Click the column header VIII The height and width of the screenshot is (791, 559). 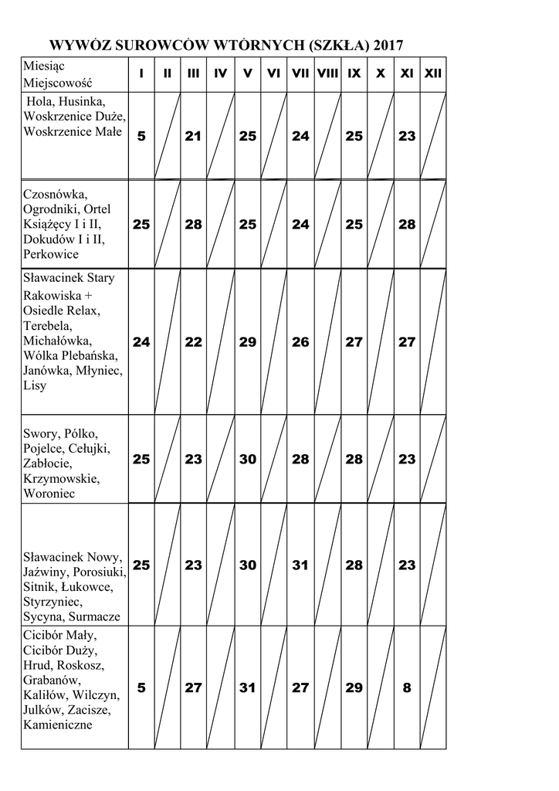pos(327,74)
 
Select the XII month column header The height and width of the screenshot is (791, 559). pos(433,74)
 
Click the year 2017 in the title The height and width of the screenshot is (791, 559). pos(388,46)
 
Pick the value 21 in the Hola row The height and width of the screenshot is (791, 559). pos(193,136)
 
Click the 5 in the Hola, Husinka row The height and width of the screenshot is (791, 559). pos(141,136)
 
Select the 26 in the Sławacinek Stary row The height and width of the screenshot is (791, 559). pos(300,342)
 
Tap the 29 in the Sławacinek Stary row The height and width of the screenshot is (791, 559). pos(247,342)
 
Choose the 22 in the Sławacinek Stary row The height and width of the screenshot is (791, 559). pos(193,342)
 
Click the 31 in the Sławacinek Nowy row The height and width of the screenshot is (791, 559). pos(300,565)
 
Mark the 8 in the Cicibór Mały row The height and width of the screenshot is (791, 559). pos(407,687)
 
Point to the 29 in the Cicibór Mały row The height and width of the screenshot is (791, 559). pos(354,687)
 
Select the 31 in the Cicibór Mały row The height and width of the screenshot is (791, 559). pos(247,687)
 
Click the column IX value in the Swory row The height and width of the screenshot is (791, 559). pos(354,459)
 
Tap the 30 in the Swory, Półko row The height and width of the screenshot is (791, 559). pos(247,459)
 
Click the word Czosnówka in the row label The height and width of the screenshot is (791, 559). pos(56,194)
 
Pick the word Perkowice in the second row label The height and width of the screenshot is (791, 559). pos(51,253)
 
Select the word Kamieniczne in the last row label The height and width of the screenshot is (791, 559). pos(58,725)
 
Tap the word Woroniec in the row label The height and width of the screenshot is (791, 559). pos(49,493)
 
